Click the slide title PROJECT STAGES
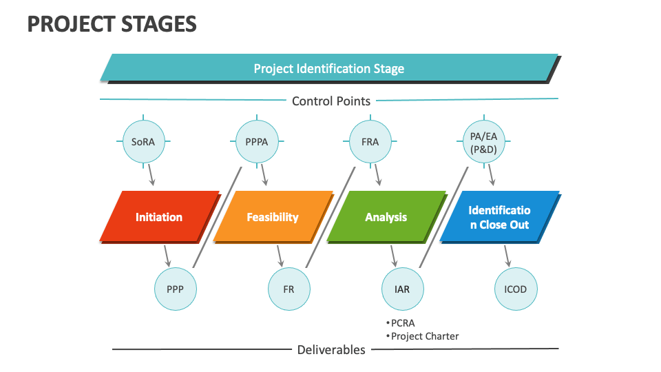pyautogui.click(x=112, y=24)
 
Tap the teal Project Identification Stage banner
pyautogui.click(x=329, y=68)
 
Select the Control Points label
pyautogui.click(x=330, y=101)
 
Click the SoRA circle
pyautogui.click(x=143, y=143)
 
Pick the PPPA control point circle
pyautogui.click(x=256, y=143)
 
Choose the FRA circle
pyautogui.click(x=370, y=143)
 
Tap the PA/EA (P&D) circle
pyautogui.click(x=483, y=143)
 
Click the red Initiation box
pyautogui.click(x=159, y=217)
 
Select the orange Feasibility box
pyautogui.click(x=273, y=217)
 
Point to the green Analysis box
pyautogui.click(x=386, y=217)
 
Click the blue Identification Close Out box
pyautogui.click(x=499, y=217)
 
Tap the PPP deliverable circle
pyautogui.click(x=175, y=289)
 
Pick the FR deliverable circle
pyautogui.click(x=288, y=289)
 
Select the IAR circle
pyautogui.click(x=402, y=289)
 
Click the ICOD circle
pyautogui.click(x=516, y=289)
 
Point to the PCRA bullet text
pyautogui.click(x=402, y=322)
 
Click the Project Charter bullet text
pyautogui.click(x=423, y=336)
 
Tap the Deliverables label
pyautogui.click(x=331, y=350)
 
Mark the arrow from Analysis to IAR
pyautogui.click(x=392, y=256)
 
